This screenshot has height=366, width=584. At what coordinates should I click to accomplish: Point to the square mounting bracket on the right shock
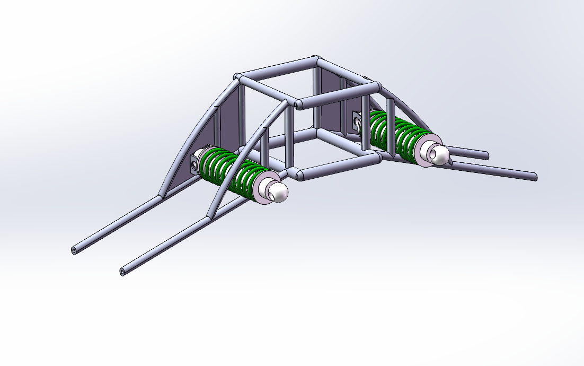(355, 121)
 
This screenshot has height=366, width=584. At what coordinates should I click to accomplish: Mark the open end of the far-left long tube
(74, 250)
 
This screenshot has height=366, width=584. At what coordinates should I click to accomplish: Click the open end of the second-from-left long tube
(123, 272)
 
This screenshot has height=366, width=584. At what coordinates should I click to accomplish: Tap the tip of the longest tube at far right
(534, 177)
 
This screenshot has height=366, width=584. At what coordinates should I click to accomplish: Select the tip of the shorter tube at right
(485, 156)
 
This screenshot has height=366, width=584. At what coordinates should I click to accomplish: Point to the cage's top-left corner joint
(238, 77)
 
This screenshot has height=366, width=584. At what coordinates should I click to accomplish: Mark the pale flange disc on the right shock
(424, 151)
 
